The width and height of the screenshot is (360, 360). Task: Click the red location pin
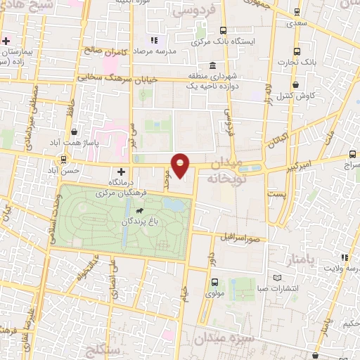[x=181, y=165]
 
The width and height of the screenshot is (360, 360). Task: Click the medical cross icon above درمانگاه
[x=120, y=171]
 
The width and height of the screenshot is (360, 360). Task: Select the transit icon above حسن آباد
[x=64, y=160]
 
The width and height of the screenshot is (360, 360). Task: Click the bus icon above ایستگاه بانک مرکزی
[x=223, y=30]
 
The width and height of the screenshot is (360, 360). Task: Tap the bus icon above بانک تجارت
[x=296, y=51]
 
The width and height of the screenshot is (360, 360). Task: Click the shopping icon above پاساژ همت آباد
[x=75, y=131]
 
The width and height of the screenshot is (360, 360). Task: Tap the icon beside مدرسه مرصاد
[x=154, y=41]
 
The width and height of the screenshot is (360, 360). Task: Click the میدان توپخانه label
[x=224, y=171]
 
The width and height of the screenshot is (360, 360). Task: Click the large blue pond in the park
[x=176, y=205]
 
